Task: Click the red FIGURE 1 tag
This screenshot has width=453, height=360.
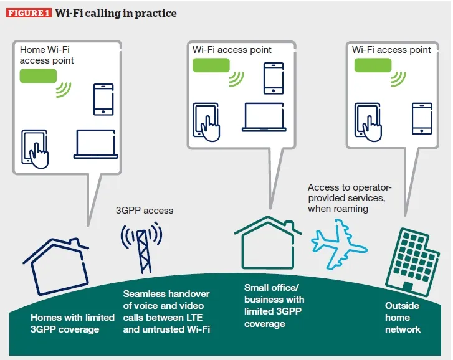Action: (x=29, y=13)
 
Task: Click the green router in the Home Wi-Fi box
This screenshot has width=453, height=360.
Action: (x=38, y=76)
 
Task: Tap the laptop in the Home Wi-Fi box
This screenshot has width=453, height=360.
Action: (x=95, y=144)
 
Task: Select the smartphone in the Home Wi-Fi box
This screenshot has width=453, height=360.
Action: (x=103, y=100)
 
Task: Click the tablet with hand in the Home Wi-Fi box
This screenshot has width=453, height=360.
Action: (x=36, y=148)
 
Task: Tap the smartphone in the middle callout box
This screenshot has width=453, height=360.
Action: (x=274, y=78)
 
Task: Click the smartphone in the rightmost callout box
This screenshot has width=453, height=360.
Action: (x=422, y=118)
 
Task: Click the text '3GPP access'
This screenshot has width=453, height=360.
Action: (x=144, y=211)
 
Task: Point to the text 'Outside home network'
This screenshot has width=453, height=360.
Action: (x=403, y=317)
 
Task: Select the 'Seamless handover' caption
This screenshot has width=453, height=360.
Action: (x=166, y=311)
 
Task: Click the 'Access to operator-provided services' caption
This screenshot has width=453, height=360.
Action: (x=349, y=198)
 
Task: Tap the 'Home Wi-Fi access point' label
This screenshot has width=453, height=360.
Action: (x=47, y=55)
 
